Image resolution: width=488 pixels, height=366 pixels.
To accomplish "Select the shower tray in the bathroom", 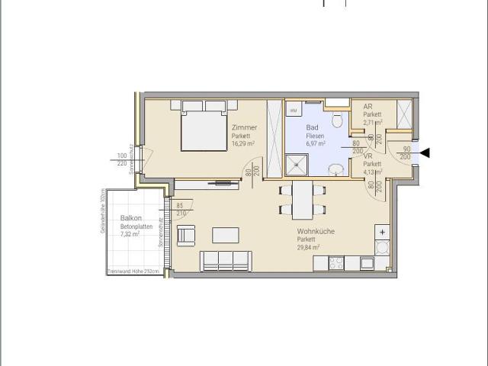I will click(x=295, y=165).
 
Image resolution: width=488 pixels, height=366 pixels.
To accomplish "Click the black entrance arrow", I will click(x=425, y=153).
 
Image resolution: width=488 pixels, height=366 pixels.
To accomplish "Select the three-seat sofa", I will click(x=226, y=260).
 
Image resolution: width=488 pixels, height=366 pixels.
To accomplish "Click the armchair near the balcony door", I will click(x=185, y=236).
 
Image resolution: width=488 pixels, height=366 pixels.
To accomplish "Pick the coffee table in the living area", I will click(x=223, y=233).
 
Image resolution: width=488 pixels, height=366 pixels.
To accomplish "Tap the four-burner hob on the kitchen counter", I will click(x=336, y=263).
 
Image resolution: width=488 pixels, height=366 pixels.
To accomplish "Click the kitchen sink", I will click(x=367, y=263).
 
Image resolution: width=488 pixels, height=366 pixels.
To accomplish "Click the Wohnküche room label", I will click(x=316, y=231).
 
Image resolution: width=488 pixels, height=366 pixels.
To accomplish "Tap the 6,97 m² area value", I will click(x=316, y=143).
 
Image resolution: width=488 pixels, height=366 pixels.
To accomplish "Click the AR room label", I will click(x=368, y=107).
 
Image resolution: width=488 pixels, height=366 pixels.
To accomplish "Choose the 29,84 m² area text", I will click(x=309, y=247).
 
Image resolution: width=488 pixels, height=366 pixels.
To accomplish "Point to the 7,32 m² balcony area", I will click(x=130, y=234).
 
